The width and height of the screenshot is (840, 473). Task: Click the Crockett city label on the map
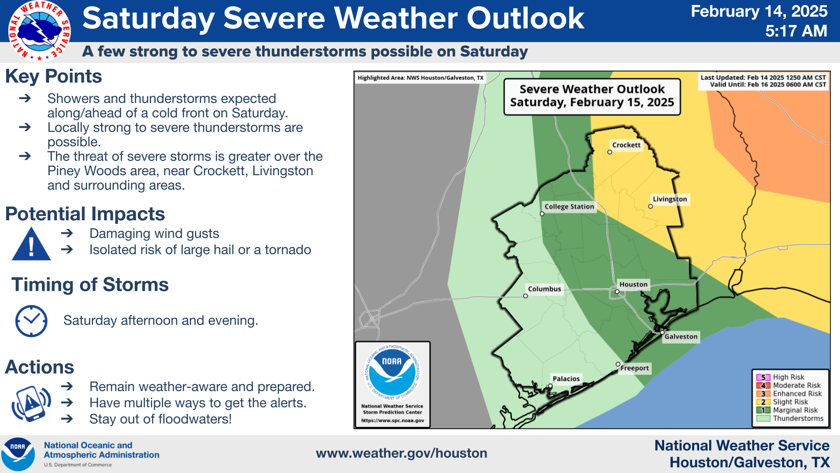click(626, 145)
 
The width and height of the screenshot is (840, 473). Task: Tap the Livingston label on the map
click(670, 199)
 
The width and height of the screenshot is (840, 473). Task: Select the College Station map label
click(569, 206)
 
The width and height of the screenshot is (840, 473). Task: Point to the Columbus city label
click(544, 289)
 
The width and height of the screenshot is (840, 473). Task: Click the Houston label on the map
click(633, 284)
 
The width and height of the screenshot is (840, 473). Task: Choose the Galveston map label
click(681, 336)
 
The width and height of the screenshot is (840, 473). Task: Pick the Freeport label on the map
click(634, 368)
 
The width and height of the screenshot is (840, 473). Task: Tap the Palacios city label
click(566, 378)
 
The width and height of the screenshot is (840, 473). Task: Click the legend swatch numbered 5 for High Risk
click(763, 377)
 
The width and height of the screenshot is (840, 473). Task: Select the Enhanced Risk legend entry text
click(797, 394)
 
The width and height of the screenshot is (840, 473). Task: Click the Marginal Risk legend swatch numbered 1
click(763, 410)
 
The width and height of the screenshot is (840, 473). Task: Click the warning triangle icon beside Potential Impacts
click(31, 244)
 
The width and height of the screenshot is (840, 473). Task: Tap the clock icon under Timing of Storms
click(31, 321)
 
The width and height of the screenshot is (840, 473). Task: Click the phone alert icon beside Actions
click(31, 403)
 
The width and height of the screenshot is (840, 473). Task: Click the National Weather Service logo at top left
click(39, 31)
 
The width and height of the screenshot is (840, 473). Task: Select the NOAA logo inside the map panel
click(392, 372)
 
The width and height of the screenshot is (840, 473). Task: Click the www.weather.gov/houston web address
click(402, 453)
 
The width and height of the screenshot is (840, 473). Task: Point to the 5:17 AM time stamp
click(796, 31)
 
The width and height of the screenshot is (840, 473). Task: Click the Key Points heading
click(53, 76)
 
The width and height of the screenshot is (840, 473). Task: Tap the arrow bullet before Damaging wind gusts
click(67, 233)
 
